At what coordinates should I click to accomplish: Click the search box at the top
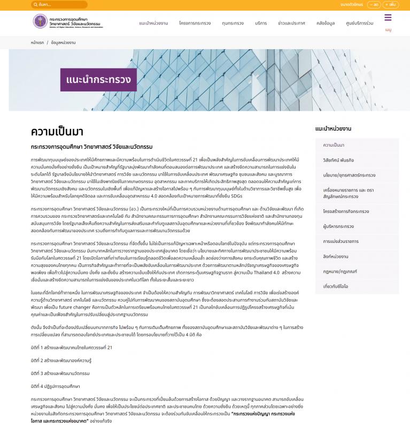click(59, 4)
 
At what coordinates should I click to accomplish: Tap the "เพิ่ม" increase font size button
click(391, 4)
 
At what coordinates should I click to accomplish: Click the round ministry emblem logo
click(40, 21)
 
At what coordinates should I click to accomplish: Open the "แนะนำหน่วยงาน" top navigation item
click(153, 24)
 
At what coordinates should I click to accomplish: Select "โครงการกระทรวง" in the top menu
click(195, 24)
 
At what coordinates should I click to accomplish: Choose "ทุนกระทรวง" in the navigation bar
click(233, 24)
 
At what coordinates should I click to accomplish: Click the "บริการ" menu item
click(261, 24)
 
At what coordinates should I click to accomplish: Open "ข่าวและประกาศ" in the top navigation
click(291, 24)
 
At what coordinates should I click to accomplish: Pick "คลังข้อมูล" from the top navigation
click(326, 24)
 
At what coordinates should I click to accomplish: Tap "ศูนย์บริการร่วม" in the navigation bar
click(360, 24)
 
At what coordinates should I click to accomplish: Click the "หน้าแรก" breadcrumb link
click(37, 42)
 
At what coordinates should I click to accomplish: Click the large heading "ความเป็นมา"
click(57, 132)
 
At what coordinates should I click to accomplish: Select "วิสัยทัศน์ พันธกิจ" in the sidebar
click(338, 160)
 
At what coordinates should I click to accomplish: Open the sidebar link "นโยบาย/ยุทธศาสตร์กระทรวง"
click(349, 175)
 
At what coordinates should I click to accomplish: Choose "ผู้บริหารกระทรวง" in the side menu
click(338, 226)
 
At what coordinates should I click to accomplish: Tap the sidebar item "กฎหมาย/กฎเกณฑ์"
click(340, 271)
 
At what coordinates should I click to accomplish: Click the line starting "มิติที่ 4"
click(56, 386)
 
